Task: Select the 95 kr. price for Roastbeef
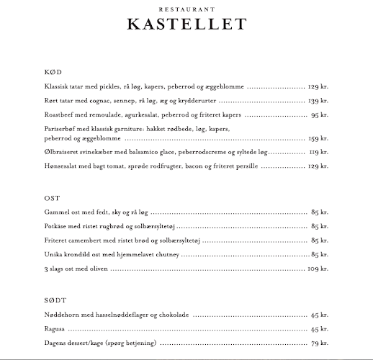(x=320, y=115)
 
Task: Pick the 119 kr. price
(x=318, y=153)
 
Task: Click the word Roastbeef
(x=60, y=115)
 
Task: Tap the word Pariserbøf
(x=60, y=128)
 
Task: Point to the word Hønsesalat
(x=61, y=166)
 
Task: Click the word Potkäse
(x=56, y=226)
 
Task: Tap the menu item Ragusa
(x=55, y=329)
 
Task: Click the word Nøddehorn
(x=61, y=315)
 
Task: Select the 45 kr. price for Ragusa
(x=320, y=329)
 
